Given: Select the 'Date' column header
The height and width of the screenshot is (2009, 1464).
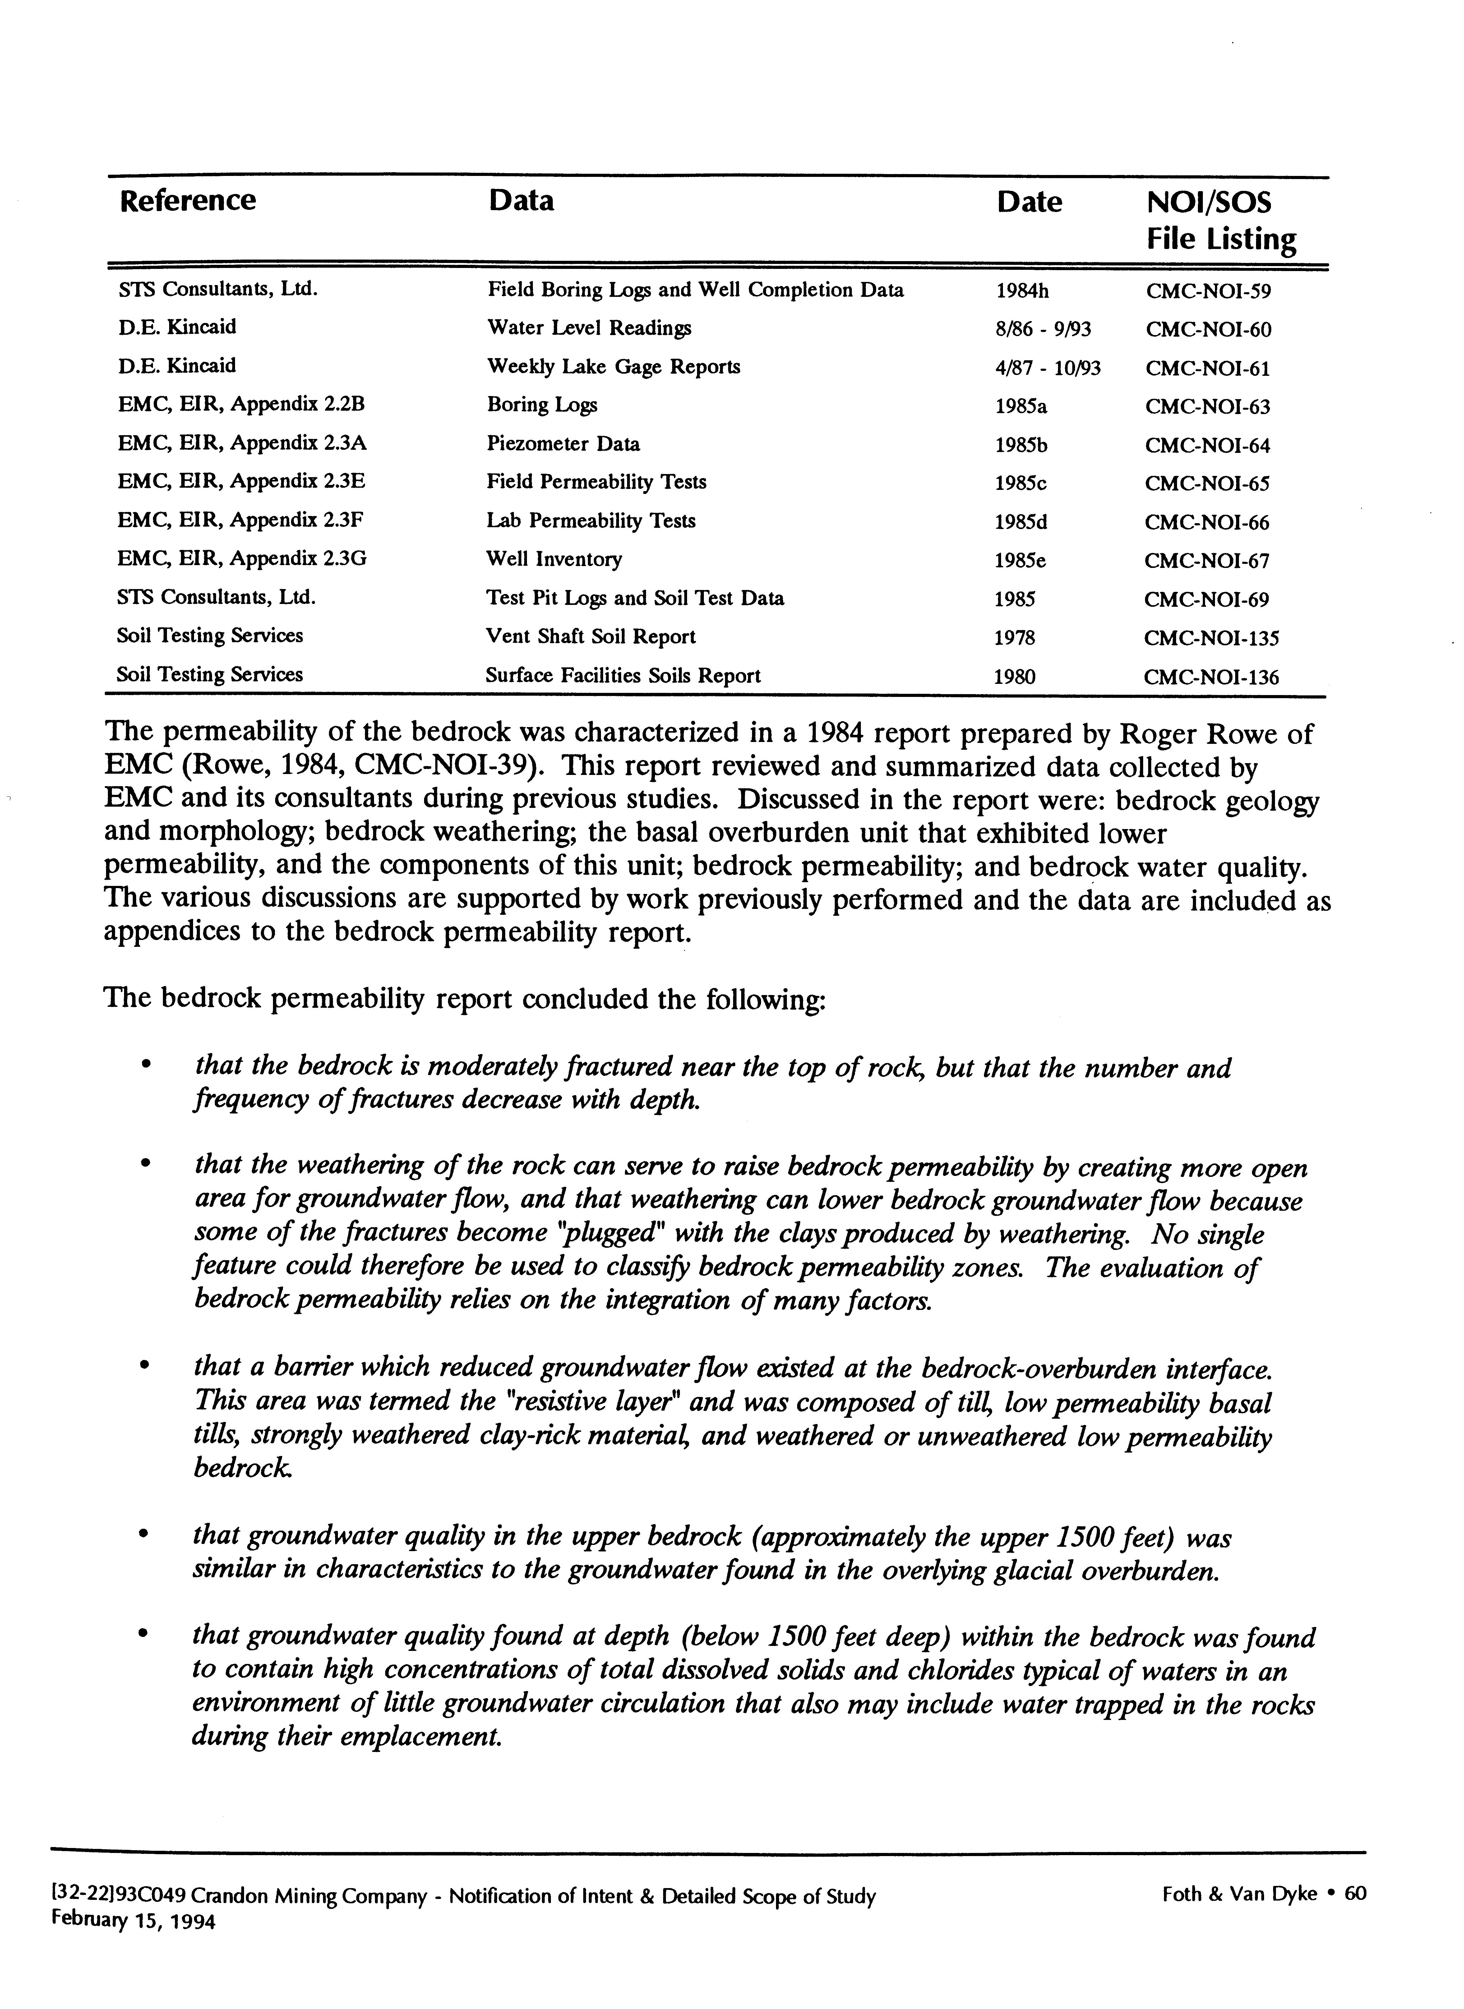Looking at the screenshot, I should tap(1029, 202).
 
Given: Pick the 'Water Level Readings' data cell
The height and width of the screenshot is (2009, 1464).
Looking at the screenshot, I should tap(589, 328).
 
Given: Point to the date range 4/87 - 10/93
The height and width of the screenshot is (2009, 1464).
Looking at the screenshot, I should tap(1047, 368).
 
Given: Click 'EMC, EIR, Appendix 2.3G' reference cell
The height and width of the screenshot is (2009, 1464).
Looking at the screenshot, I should tap(242, 559).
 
